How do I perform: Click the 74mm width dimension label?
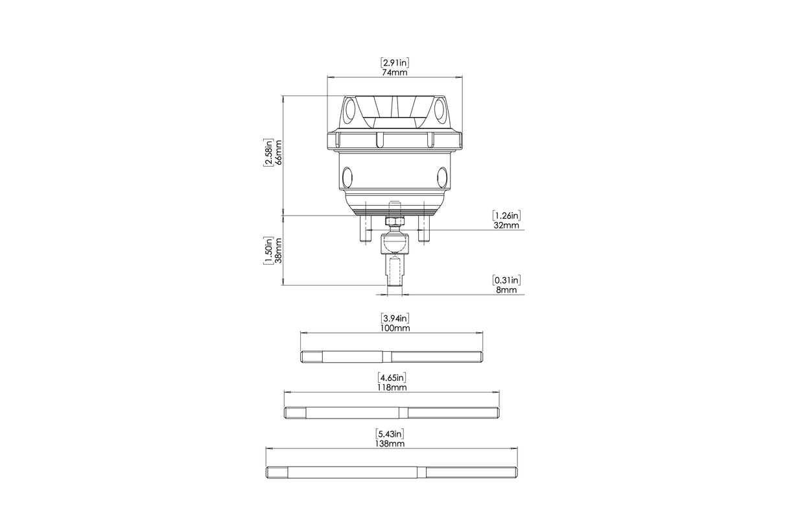pyautogui.click(x=395, y=73)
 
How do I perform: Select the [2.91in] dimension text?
pyautogui.click(x=395, y=62)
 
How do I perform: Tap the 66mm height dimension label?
pyautogui.click(x=278, y=152)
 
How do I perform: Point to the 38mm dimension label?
pyautogui.click(x=278, y=250)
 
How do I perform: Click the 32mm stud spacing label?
pyautogui.click(x=506, y=225)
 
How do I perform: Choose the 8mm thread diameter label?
pyautogui.click(x=506, y=290)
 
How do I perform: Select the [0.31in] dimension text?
pyautogui.click(x=506, y=280)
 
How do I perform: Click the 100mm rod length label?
pyautogui.click(x=395, y=328)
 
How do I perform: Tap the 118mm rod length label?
pyautogui.click(x=392, y=387)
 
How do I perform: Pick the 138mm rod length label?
pyautogui.click(x=390, y=444)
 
